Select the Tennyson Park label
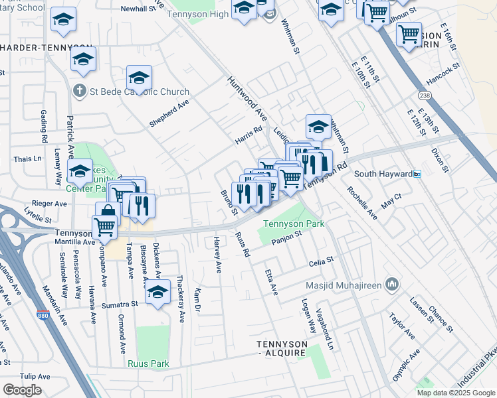[x=294, y=224]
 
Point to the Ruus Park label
[x=149, y=364]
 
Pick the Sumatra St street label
[x=120, y=304]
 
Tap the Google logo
[x=22, y=390]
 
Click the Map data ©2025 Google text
[x=456, y=393]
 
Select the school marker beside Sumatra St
[x=157, y=292]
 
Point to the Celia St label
[x=320, y=263]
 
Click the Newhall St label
[x=137, y=9]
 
